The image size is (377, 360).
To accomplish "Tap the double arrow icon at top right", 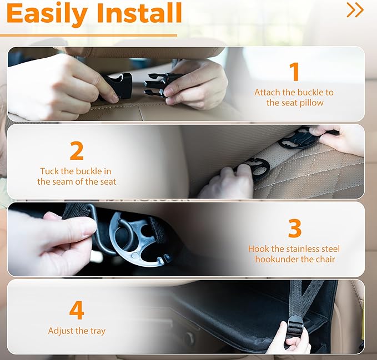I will (355, 10).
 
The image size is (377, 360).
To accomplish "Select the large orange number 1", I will (294, 72).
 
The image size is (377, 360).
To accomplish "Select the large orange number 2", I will (77, 151).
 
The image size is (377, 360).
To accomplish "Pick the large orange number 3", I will (294, 229).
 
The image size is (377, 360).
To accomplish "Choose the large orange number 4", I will (77, 311).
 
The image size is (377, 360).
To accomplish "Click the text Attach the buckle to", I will (294, 93).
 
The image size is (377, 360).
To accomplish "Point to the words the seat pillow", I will (294, 103).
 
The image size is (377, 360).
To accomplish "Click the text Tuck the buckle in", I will (77, 171).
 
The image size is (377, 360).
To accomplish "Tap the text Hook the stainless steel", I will (294, 249).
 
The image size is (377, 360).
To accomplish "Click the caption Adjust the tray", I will (77, 331).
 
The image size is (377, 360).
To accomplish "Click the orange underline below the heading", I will (89, 35).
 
